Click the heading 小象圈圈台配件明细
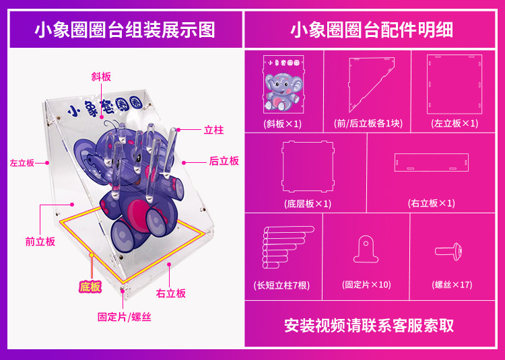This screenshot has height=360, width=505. (x=372, y=30)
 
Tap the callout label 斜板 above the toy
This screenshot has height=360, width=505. (x=101, y=77)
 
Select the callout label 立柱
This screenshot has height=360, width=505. (x=213, y=130)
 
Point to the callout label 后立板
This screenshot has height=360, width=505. (x=224, y=161)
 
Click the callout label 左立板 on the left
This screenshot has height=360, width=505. (x=22, y=163)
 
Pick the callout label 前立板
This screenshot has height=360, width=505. (x=40, y=242)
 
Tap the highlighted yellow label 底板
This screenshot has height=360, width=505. (x=90, y=287)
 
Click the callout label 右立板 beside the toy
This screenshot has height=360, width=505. (x=170, y=293)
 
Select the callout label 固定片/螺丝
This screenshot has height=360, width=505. (x=125, y=317)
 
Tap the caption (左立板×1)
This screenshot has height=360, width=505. (x=455, y=124)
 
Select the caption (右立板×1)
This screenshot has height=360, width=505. (x=431, y=203)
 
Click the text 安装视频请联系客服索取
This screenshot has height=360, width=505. (x=368, y=326)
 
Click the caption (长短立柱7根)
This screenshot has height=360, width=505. (x=282, y=285)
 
